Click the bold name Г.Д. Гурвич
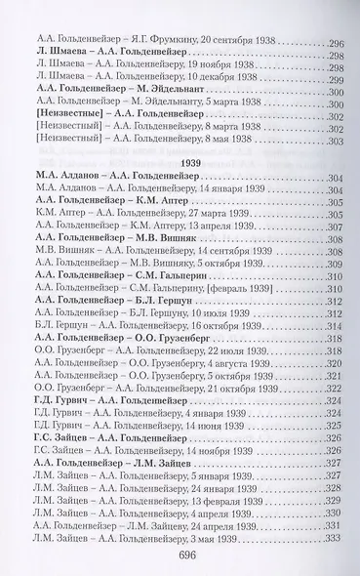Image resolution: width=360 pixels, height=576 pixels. click(65, 404)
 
